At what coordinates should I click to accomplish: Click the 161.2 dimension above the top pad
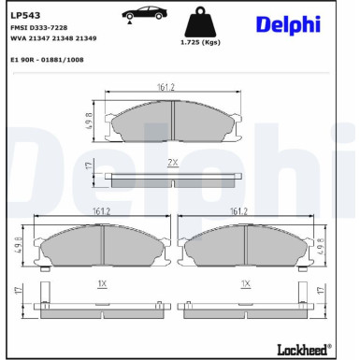tap(166, 88)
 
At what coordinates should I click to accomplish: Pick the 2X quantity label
tap(172, 163)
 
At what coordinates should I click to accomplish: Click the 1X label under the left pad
tap(102, 281)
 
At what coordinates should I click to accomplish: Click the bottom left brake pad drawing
tap(102, 245)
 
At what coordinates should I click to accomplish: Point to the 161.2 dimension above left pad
tap(102, 212)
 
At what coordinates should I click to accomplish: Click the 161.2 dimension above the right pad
tap(238, 212)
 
